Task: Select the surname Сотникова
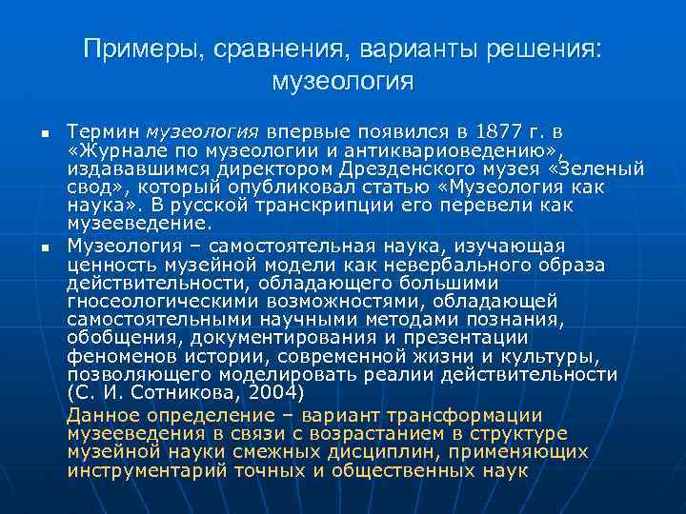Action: [189, 392]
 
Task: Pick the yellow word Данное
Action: [103, 415]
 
